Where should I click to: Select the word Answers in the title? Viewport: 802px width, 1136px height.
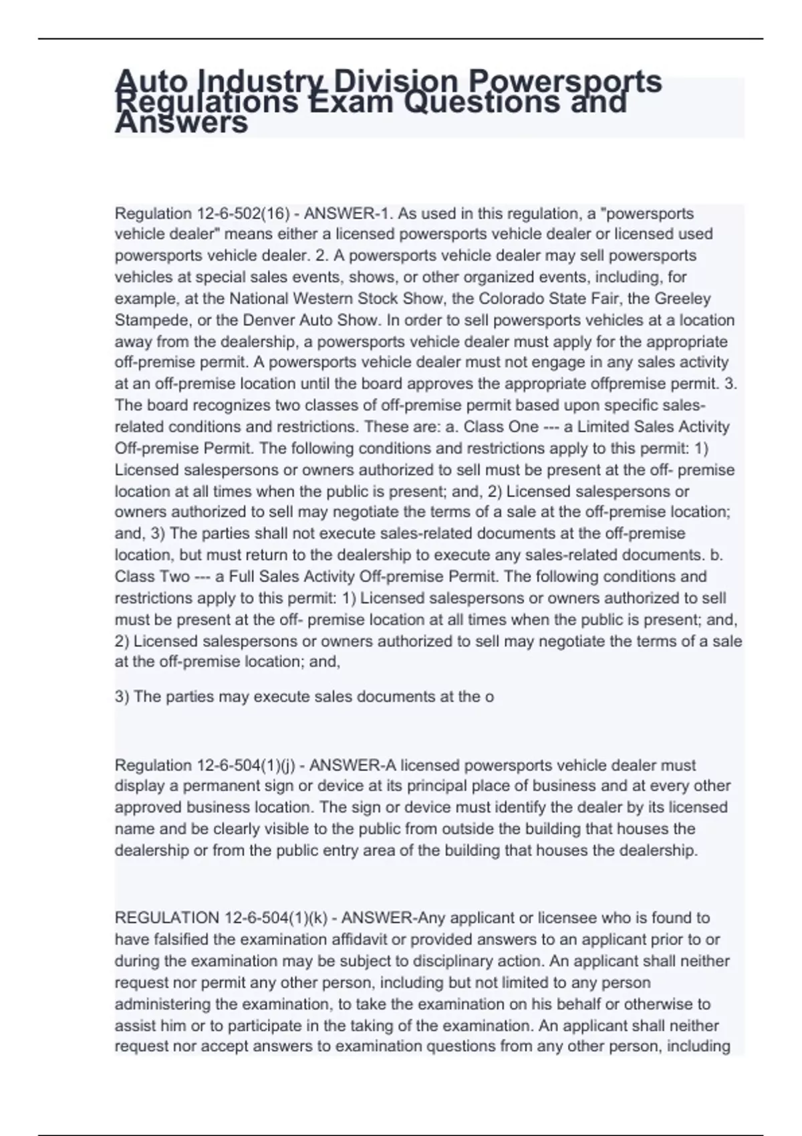click(x=181, y=123)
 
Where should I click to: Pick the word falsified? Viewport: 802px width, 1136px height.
click(x=176, y=940)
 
